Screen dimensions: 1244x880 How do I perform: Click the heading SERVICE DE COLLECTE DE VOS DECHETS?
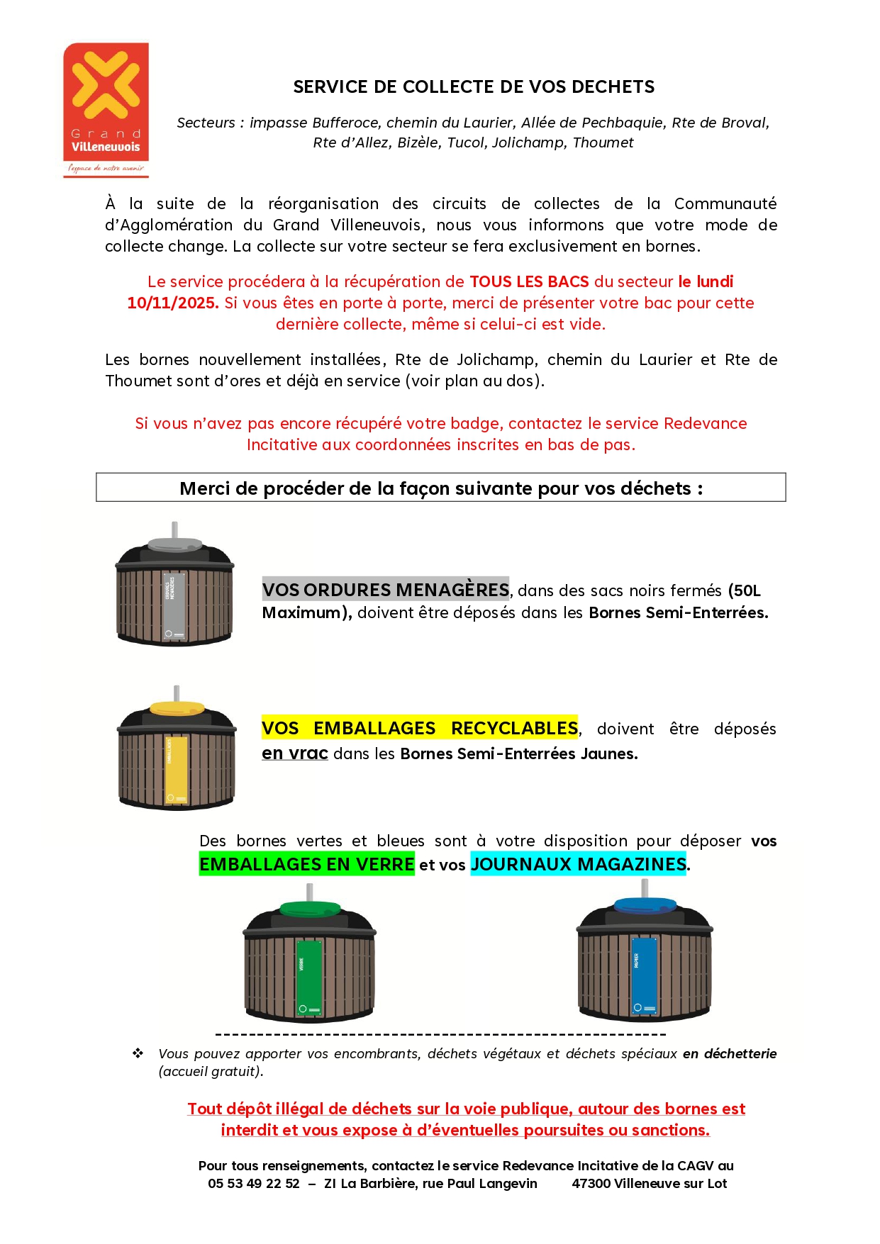coord(474,87)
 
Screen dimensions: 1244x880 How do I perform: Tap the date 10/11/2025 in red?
coord(172,303)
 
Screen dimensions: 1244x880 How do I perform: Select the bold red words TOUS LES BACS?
coord(529,282)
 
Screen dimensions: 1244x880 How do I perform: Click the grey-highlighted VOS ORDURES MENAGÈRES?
coord(386,590)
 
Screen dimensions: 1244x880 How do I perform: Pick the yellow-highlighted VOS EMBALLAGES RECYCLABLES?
coord(420,729)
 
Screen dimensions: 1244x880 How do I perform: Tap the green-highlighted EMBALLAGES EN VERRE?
coord(306,865)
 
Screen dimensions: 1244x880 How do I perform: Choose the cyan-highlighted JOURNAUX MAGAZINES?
coord(578,865)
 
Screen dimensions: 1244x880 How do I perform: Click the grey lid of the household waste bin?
coord(174,544)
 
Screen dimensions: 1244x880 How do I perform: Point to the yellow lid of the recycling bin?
coord(177,708)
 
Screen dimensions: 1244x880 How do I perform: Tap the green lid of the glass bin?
coord(310,908)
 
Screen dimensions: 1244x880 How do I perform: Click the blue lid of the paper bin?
coord(645,905)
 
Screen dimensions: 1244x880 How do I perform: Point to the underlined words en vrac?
coord(294,753)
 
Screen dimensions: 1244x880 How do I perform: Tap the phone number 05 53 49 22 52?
coord(254,1184)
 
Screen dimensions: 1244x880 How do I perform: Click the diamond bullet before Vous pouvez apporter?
coord(138,1054)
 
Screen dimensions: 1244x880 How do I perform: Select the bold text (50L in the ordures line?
coord(745,590)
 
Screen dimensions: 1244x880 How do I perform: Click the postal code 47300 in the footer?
coord(591,1184)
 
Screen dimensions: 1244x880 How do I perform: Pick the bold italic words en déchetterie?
coord(730,1054)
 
